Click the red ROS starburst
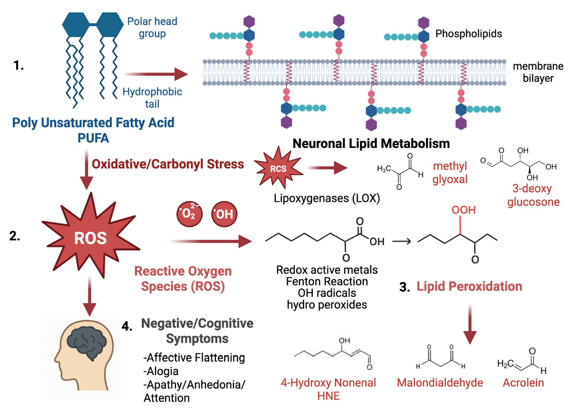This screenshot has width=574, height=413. [x=90, y=238]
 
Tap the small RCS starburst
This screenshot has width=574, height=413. [x=278, y=167]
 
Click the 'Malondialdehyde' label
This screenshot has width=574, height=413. [x=440, y=383]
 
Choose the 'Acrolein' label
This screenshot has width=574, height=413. [x=523, y=383]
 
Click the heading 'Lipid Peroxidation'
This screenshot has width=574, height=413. [x=469, y=286]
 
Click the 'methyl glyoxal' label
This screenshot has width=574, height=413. [x=450, y=173]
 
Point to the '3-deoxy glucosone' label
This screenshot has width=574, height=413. [x=533, y=195]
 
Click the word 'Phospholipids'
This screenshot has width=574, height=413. [x=468, y=34]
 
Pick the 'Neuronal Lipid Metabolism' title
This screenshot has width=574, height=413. [x=371, y=143]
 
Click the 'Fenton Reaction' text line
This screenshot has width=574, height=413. [x=327, y=281]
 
